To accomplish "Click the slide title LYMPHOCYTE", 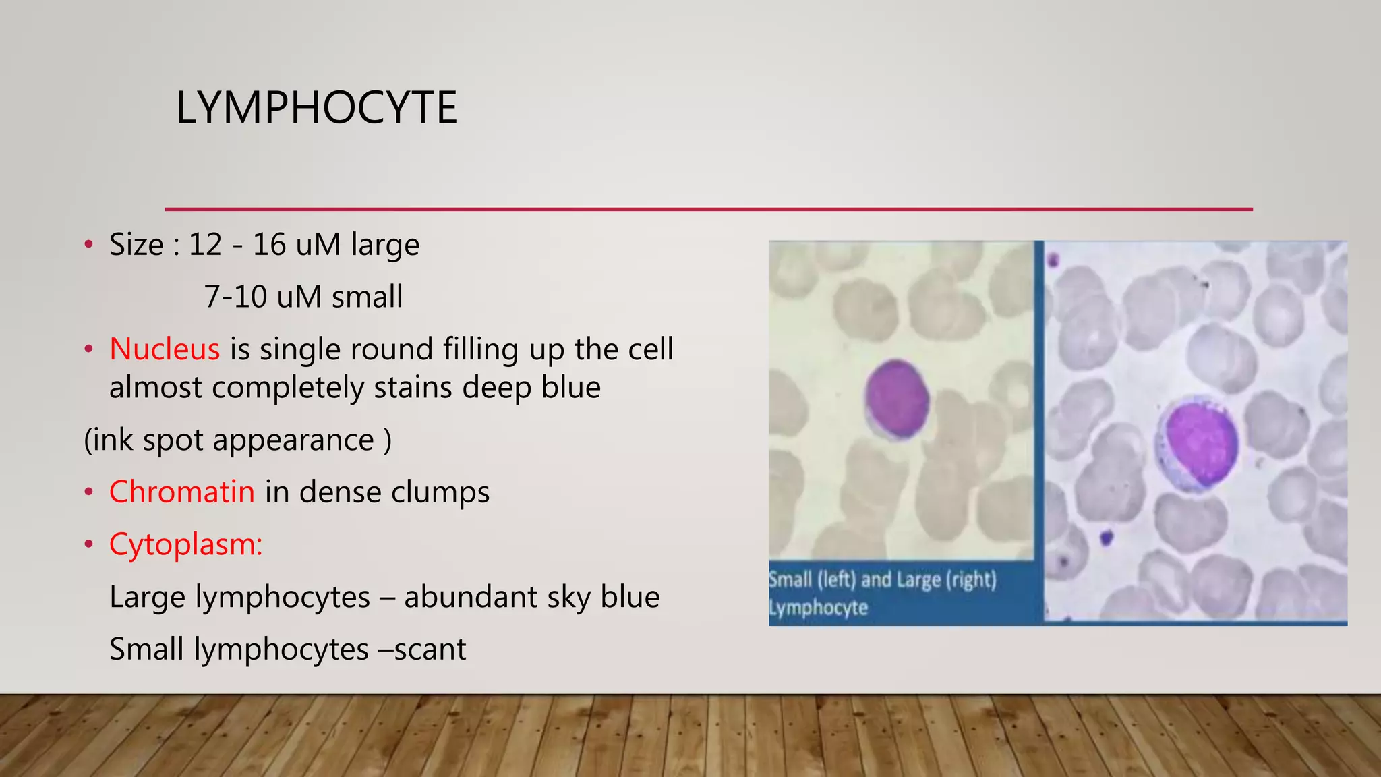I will coord(316,108).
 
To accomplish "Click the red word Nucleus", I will coord(165,349).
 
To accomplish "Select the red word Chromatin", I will coord(182,492).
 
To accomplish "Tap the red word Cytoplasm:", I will coord(186,544).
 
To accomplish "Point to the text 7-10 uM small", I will coord(303,297).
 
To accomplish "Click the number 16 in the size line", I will coord(269,244).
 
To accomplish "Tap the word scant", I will coord(430,650).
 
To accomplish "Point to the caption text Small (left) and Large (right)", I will coord(883,579).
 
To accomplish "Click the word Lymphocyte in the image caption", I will coord(819,608).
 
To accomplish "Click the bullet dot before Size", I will coord(88,245).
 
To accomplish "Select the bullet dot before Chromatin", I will coord(88,492).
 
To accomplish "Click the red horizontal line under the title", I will coord(708,209).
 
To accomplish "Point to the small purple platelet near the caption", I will coord(1106,538).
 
